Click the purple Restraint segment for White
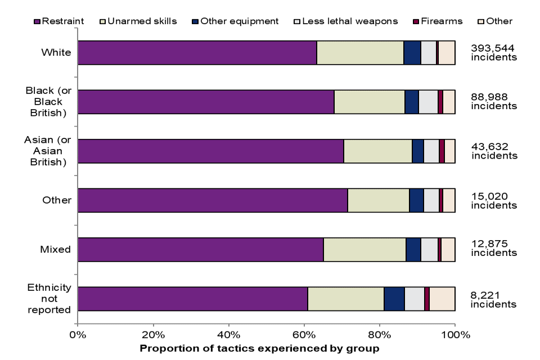click(x=197, y=53)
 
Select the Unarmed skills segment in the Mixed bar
click(x=364, y=250)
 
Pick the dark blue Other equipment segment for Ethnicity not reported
click(x=394, y=299)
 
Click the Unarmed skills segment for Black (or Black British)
click(x=369, y=102)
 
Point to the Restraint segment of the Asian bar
click(x=210, y=151)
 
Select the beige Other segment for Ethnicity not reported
click(x=442, y=299)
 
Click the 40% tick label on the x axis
click(x=228, y=336)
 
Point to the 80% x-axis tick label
click(x=379, y=336)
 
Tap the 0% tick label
click(x=78, y=336)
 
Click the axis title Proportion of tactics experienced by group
click(x=259, y=349)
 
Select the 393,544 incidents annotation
click(x=493, y=52)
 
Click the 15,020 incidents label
click(x=493, y=200)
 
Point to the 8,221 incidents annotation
click(x=493, y=299)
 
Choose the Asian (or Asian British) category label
click(x=48, y=151)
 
